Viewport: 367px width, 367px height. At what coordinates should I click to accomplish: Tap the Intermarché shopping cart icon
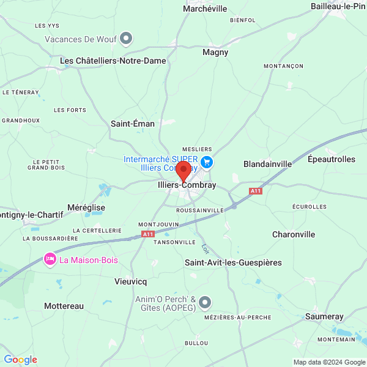(207, 162)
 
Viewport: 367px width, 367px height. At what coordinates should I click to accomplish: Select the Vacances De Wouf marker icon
(127, 39)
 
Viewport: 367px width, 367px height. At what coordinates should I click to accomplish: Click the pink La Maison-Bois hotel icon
(49, 260)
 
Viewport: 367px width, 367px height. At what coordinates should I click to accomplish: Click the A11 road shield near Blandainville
(255, 191)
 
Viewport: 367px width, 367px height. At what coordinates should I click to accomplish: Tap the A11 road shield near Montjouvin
(147, 234)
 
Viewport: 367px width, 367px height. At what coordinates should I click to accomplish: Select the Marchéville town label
(205, 9)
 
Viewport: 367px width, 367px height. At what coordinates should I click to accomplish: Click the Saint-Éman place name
(133, 124)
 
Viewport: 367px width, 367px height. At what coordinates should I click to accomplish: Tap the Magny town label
(215, 53)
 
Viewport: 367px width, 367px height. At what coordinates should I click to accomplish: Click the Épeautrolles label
(332, 159)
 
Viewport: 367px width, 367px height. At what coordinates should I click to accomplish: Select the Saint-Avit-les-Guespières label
(233, 262)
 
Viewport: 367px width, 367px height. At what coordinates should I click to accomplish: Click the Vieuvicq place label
(130, 282)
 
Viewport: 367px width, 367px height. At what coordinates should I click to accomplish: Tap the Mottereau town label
(64, 306)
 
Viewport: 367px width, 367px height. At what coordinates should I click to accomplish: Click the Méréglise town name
(86, 207)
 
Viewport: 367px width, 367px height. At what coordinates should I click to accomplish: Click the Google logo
(20, 360)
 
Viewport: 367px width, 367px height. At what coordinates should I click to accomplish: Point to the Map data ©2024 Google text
(329, 362)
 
